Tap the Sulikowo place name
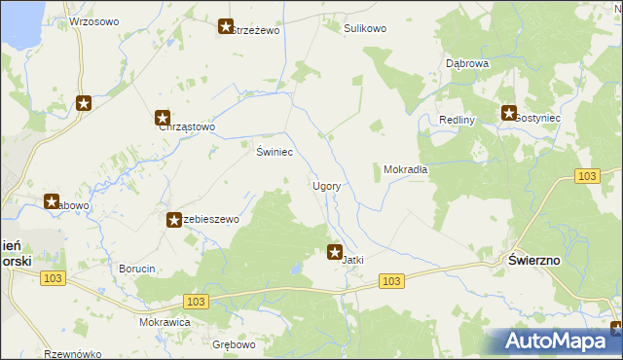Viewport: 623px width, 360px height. pos(365,29)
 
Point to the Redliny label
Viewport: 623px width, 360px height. pos(456,120)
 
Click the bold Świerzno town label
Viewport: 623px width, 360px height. pos(534,260)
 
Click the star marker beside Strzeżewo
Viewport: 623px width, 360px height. pos(226,28)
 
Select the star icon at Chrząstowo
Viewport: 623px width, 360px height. pos(163,117)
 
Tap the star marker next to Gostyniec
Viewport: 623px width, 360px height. pos(508,114)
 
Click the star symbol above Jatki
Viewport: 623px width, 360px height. pos(335,252)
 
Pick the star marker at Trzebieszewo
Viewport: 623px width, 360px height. pos(174,221)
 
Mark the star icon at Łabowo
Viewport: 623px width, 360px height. pos(52,201)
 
